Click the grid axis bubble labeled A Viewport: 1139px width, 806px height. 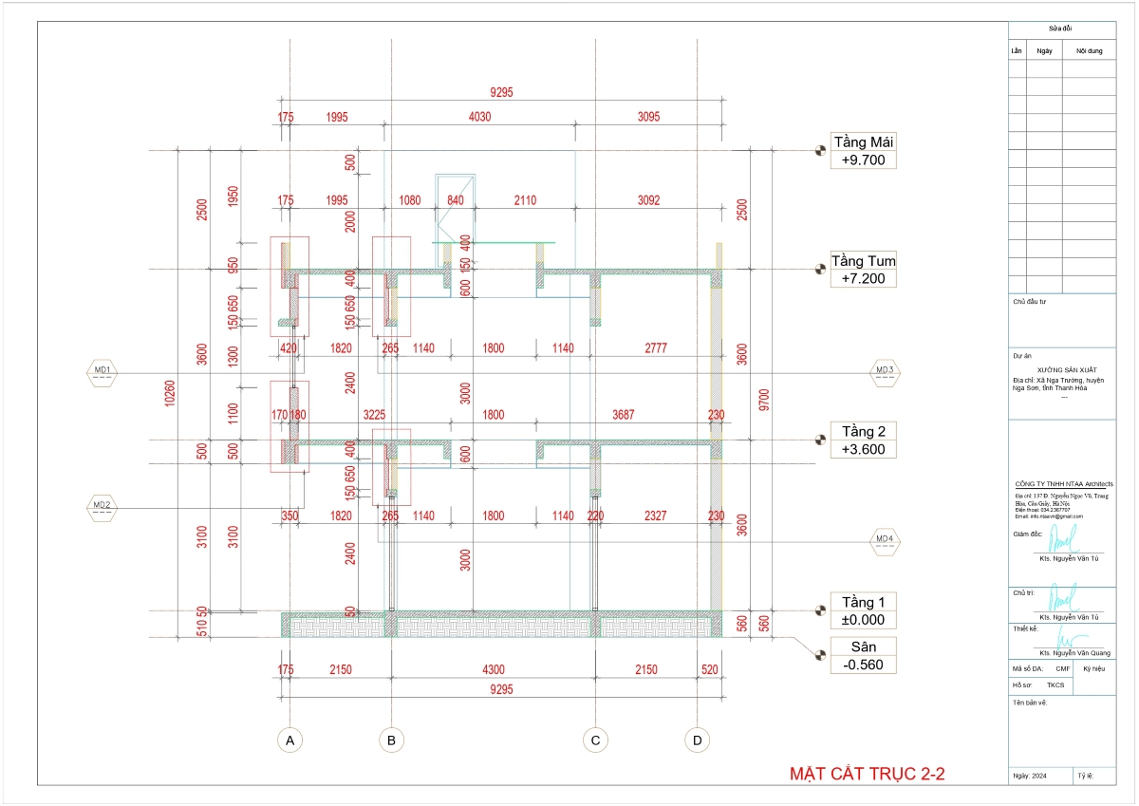click(x=289, y=740)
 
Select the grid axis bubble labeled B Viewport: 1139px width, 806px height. click(x=390, y=740)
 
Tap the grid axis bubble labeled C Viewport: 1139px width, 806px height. click(x=595, y=740)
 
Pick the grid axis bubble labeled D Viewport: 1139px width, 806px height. click(x=698, y=740)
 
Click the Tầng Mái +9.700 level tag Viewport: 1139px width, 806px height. click(x=863, y=151)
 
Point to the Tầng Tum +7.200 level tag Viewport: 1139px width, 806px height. click(x=863, y=270)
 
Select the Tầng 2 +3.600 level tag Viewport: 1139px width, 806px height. click(x=863, y=440)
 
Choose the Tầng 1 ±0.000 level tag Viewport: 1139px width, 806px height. click(x=863, y=610)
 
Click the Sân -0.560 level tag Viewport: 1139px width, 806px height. click(x=863, y=655)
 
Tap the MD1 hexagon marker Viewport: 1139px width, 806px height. click(x=102, y=370)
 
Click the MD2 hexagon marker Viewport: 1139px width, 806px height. click(x=102, y=505)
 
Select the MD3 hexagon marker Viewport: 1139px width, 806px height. click(x=885, y=370)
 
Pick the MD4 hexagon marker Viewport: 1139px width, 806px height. click(x=885, y=540)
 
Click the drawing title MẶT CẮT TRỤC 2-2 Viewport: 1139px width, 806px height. click(x=868, y=775)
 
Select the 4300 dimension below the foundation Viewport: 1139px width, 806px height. click(x=493, y=670)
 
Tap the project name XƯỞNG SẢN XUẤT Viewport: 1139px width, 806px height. click(x=1060, y=370)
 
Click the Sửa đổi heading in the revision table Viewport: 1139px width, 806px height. click(x=1061, y=30)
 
